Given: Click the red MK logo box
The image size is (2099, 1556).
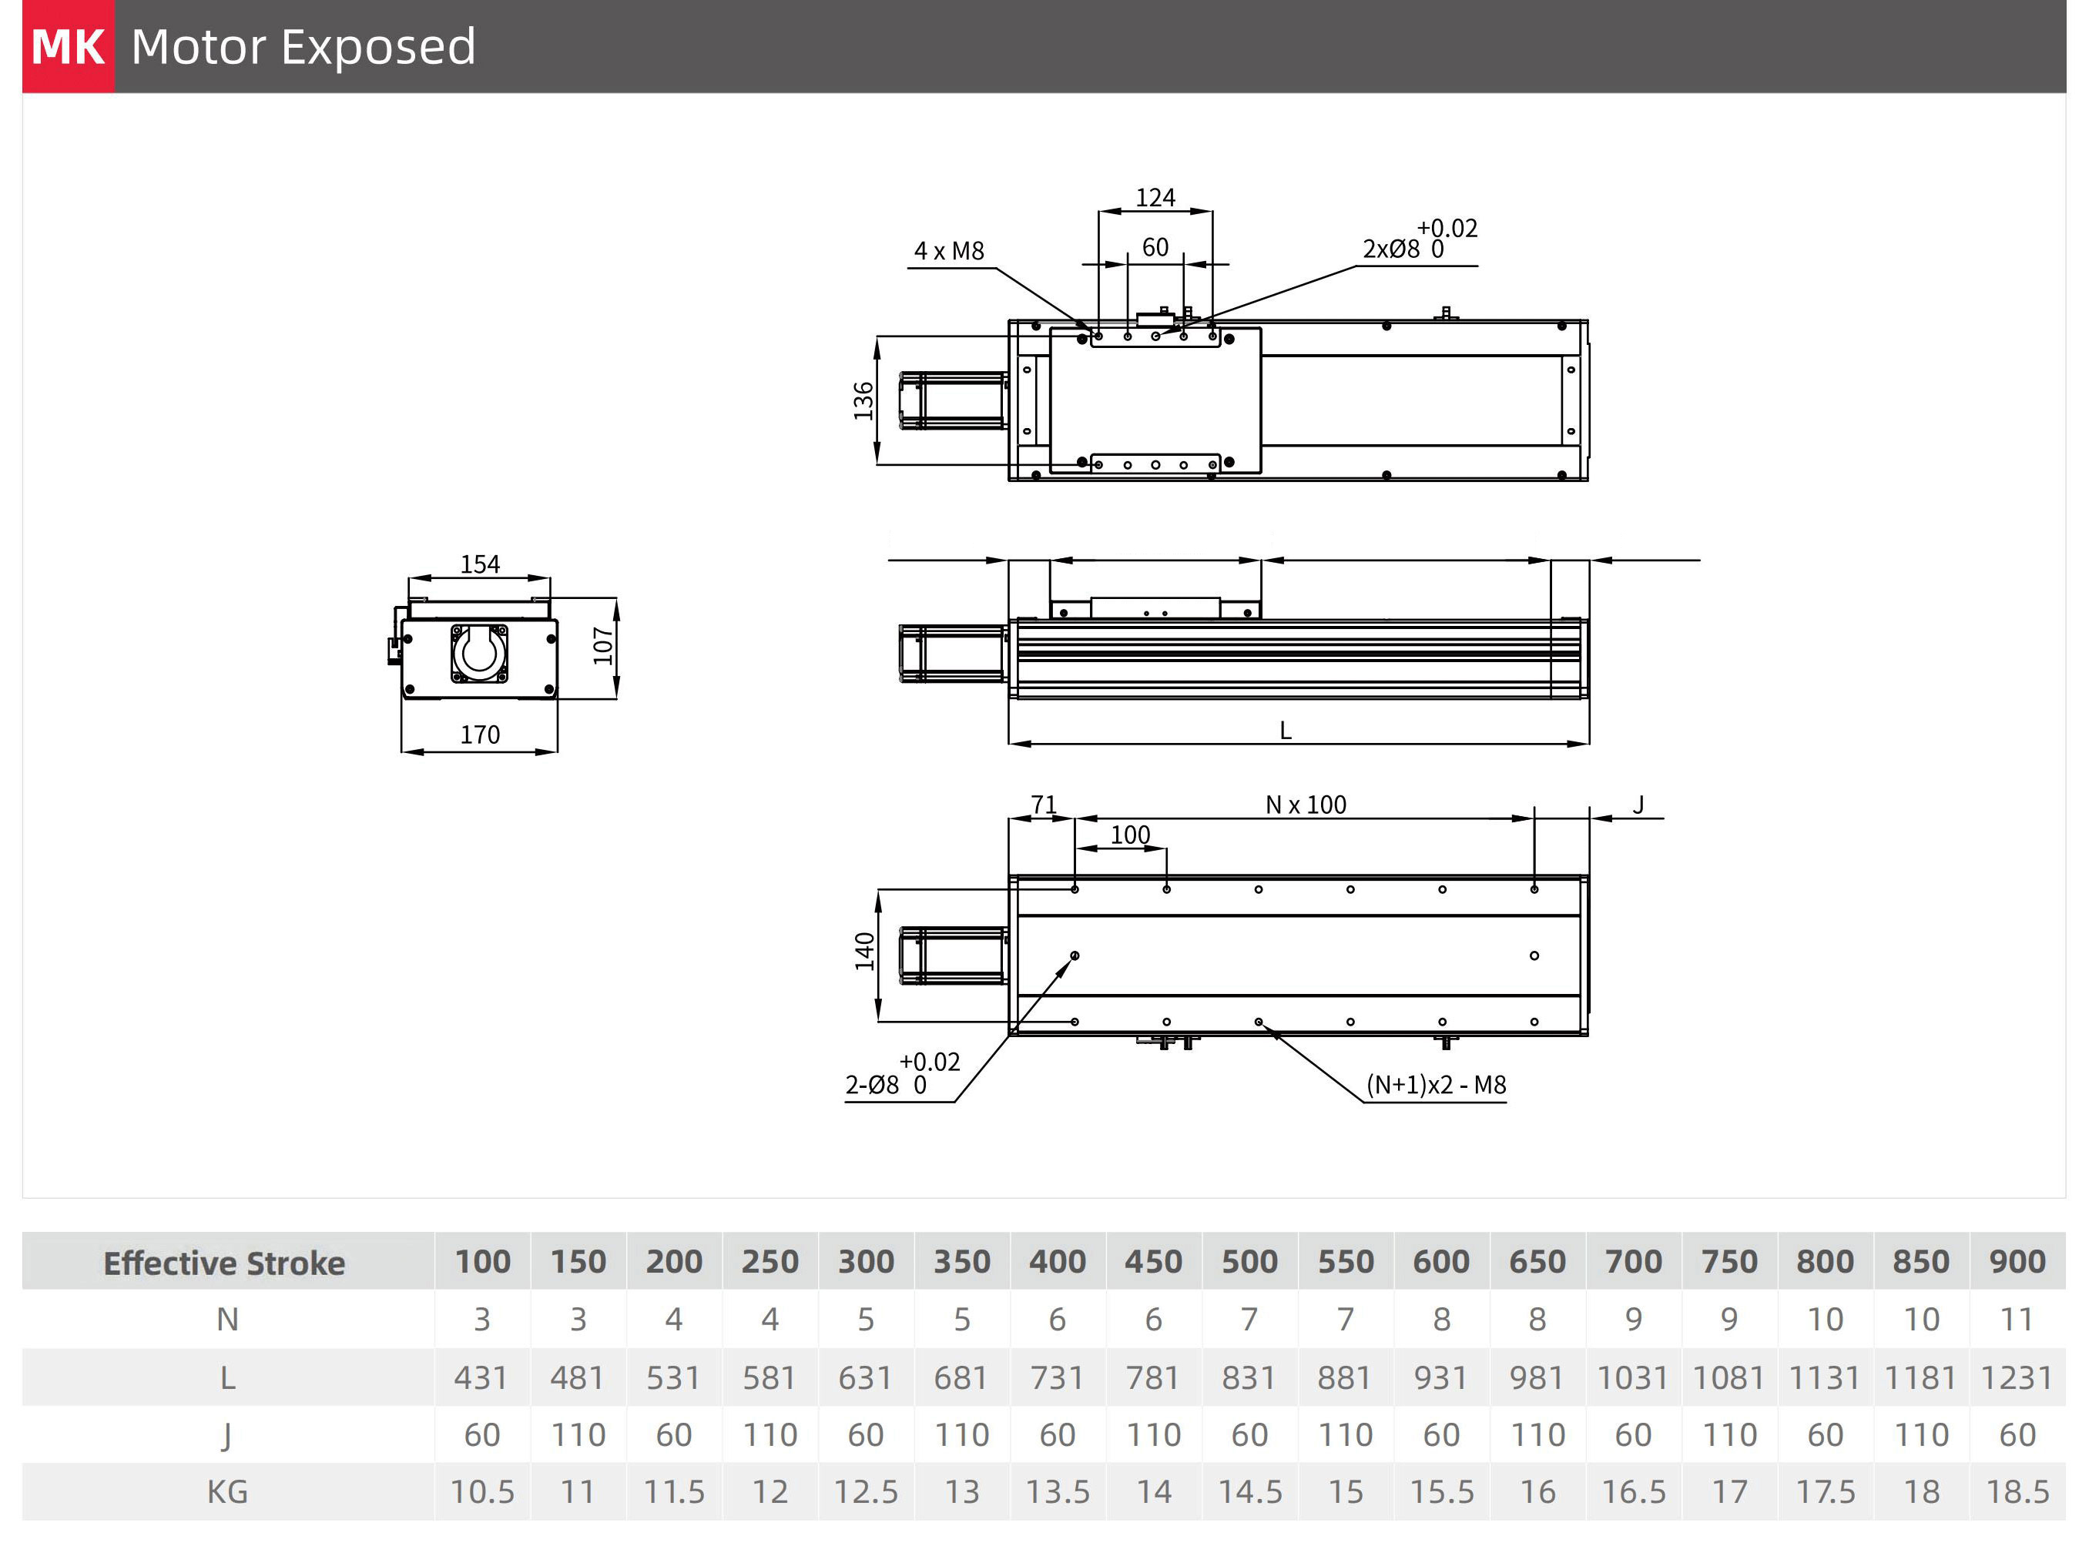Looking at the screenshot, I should [x=68, y=46].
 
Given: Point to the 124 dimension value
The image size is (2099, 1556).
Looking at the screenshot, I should [x=1155, y=198].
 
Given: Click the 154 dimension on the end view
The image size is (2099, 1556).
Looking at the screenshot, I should [x=480, y=564].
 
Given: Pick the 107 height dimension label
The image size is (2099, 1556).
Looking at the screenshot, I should [x=603, y=646].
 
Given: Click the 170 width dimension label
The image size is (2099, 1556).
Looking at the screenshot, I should [x=480, y=734].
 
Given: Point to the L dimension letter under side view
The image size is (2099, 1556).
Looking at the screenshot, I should [x=1285, y=731].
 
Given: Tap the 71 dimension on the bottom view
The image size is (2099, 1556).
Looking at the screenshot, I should [x=1043, y=805].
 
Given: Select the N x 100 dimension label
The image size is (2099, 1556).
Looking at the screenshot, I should [x=1306, y=805].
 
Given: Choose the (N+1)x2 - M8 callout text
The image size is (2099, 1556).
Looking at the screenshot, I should [x=1436, y=1085].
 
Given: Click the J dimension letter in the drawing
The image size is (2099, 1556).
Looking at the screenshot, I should [x=1638, y=805].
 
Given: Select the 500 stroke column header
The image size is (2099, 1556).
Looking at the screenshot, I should [x=1249, y=1262].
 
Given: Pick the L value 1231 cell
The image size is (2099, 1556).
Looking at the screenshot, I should [x=2016, y=1378].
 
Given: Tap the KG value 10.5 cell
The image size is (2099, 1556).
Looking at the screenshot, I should [x=482, y=1492].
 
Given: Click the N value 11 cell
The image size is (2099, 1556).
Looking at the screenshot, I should [x=2016, y=1320].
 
